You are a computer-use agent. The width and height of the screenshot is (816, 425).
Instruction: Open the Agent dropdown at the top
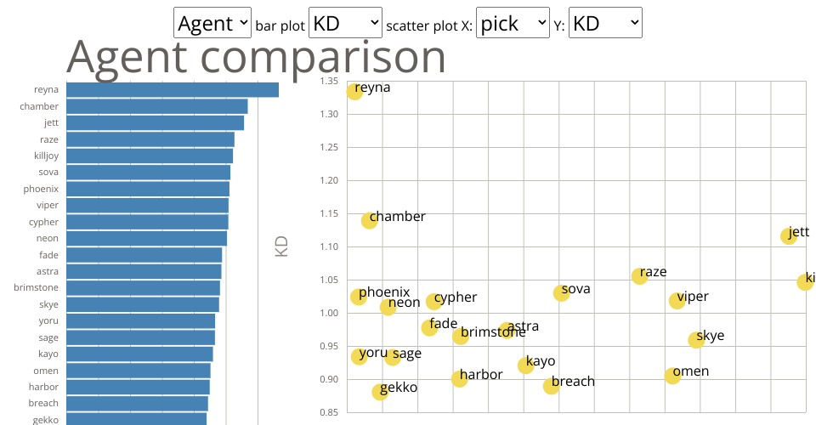click(212, 23)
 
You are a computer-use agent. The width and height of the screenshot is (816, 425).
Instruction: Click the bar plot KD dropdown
click(346, 23)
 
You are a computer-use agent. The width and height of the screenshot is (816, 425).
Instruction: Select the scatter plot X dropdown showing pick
click(513, 23)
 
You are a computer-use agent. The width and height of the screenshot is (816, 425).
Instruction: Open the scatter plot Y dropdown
click(605, 23)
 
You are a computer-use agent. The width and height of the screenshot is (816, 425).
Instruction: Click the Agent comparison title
click(256, 57)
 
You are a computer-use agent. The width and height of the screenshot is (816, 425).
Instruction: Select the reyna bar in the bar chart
click(173, 90)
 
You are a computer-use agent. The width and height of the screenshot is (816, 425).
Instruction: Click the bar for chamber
click(157, 106)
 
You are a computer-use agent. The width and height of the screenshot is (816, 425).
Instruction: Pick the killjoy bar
click(150, 156)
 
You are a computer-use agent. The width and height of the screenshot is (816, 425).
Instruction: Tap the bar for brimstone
click(143, 287)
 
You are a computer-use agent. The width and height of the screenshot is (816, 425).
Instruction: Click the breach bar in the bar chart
click(137, 403)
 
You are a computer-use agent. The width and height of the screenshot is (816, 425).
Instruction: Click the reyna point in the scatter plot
click(354, 91)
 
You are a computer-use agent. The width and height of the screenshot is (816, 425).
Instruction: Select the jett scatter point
click(789, 235)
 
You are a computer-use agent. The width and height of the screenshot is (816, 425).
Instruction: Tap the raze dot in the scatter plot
click(640, 275)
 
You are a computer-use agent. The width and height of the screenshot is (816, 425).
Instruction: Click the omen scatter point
click(672, 375)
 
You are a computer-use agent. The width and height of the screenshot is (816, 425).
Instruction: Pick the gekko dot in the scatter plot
click(380, 391)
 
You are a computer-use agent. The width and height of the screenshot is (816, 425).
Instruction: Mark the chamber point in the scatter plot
click(369, 220)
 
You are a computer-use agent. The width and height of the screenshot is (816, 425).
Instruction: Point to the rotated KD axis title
click(282, 246)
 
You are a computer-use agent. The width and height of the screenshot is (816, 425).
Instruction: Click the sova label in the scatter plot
click(575, 289)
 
